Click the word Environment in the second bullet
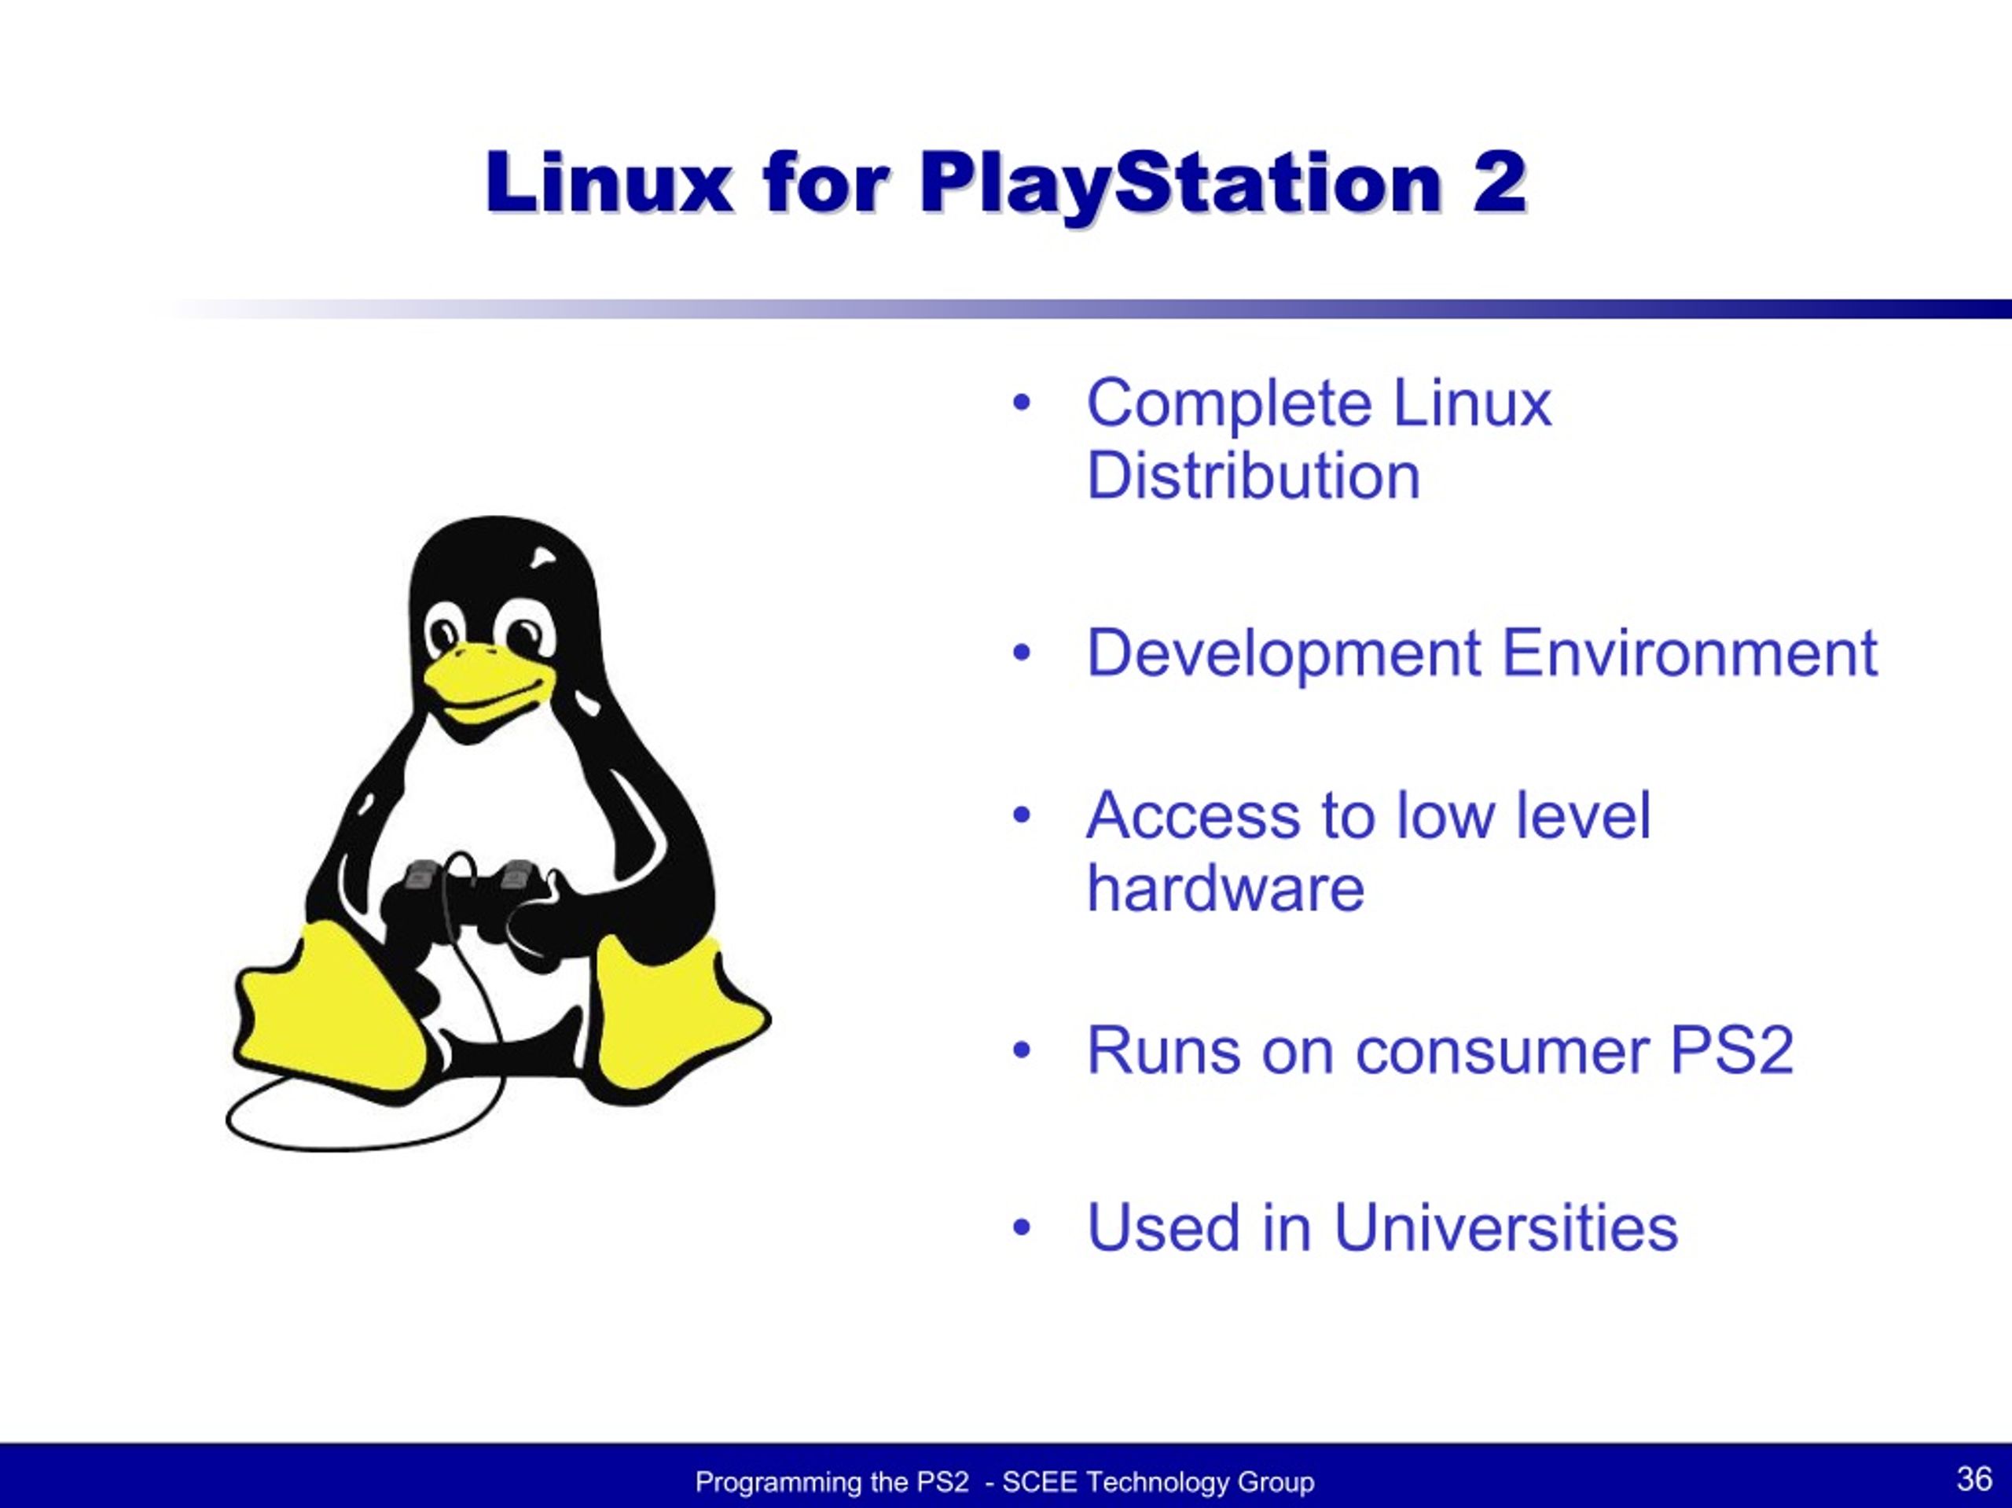point(1689,653)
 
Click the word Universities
point(1505,1227)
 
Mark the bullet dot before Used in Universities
point(1022,1227)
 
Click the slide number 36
point(1973,1479)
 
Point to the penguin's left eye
point(446,631)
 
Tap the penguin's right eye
point(524,631)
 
